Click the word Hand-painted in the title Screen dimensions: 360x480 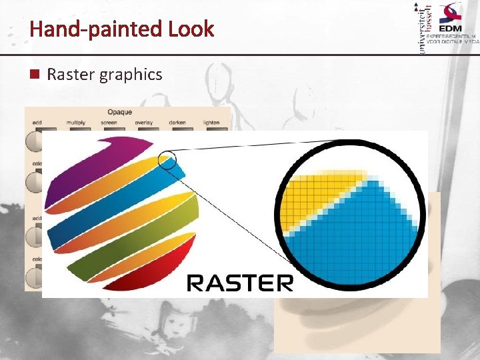click(x=96, y=29)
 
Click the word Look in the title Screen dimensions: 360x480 click(x=191, y=29)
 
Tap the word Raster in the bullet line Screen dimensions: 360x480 click(x=71, y=75)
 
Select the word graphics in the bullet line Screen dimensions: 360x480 click(x=131, y=75)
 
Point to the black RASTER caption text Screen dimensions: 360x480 click(x=239, y=283)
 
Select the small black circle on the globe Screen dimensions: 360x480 click(x=167, y=160)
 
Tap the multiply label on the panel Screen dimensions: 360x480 click(x=75, y=123)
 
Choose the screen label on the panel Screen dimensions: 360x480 click(x=109, y=123)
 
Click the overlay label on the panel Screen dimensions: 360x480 click(x=144, y=123)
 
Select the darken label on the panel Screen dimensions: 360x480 click(x=177, y=123)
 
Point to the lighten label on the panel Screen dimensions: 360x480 click(x=211, y=123)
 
